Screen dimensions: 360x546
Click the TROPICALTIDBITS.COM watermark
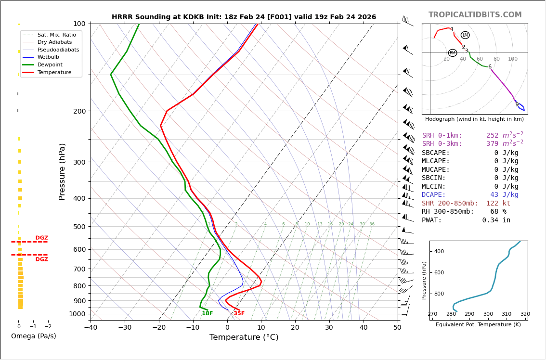point(475,15)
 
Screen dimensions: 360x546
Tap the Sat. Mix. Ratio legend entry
point(56,35)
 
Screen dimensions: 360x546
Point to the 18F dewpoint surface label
point(207,313)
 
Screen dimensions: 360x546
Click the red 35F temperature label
point(239,313)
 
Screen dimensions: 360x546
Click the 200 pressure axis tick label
point(79,111)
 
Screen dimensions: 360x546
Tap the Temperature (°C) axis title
point(244,337)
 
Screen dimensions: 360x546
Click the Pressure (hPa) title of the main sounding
point(63,171)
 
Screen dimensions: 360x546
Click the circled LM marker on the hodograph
point(465,35)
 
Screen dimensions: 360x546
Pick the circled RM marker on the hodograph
point(453,53)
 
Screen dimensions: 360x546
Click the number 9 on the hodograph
point(517,104)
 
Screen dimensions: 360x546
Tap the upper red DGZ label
point(41,238)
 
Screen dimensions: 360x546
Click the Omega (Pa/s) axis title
point(33,336)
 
